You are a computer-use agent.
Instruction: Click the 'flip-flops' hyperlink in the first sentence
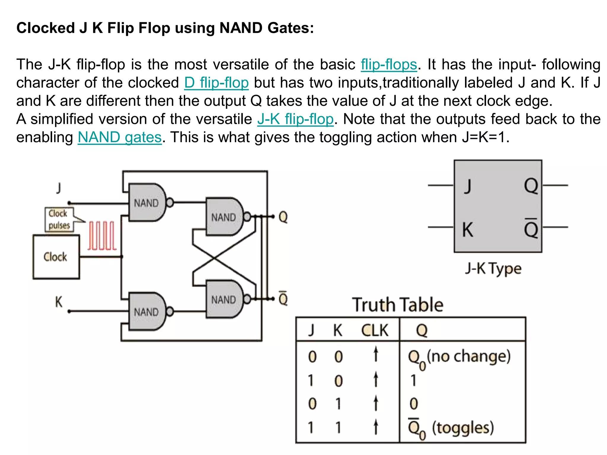[x=389, y=65]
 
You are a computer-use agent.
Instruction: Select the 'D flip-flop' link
[x=216, y=83]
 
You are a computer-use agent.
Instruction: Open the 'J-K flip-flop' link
[x=295, y=119]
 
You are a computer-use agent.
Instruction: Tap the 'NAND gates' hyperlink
[x=120, y=137]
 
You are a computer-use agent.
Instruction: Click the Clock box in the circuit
[x=56, y=257]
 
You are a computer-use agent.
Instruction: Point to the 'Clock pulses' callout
[x=59, y=220]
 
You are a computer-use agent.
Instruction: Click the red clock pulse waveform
[x=102, y=236]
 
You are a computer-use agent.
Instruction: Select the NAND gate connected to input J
[x=146, y=203]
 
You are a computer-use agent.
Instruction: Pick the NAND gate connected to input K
[x=146, y=312]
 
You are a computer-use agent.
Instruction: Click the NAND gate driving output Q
[x=224, y=217]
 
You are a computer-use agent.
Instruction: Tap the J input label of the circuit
[x=59, y=188]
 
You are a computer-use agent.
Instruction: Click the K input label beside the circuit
[x=59, y=302]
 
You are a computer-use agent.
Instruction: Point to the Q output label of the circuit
[x=283, y=217]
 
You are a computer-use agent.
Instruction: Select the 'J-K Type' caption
[x=493, y=269]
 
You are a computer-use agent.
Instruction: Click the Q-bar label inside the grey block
[x=531, y=228]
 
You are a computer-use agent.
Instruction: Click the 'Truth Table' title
[x=397, y=305]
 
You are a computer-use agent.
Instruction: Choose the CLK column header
[x=375, y=330]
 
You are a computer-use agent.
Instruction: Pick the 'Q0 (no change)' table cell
[x=459, y=357]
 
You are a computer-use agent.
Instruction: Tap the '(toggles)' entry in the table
[x=463, y=428]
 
